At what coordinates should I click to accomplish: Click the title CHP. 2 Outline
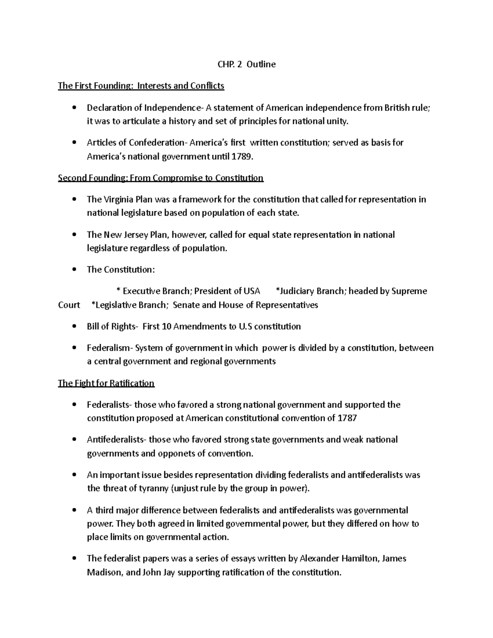[x=246, y=64]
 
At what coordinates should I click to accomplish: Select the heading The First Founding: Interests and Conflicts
[x=141, y=86]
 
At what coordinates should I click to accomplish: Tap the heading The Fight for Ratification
[x=106, y=383]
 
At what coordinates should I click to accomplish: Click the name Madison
[x=104, y=572]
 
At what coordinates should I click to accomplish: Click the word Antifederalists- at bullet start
[x=116, y=440]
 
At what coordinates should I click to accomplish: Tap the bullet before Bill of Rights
[x=74, y=327]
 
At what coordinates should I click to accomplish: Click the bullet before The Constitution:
[x=74, y=270]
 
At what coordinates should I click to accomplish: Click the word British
[x=397, y=108]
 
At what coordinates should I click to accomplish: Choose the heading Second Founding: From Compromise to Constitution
[x=161, y=178]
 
